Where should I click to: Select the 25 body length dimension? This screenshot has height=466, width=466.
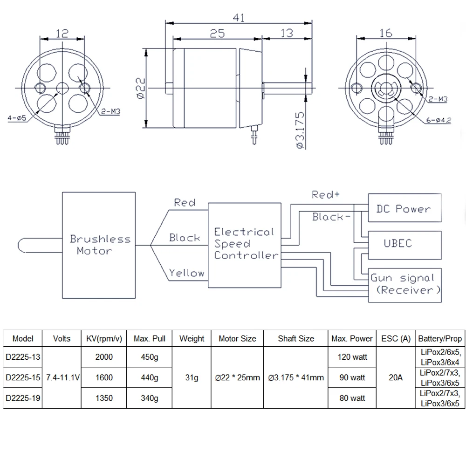click(x=217, y=33)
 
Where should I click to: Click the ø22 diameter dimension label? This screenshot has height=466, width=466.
click(x=142, y=88)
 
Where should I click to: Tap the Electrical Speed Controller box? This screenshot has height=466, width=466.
click(x=245, y=244)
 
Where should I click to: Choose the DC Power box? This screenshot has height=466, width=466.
click(x=404, y=208)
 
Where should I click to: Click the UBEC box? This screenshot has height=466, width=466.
click(x=404, y=243)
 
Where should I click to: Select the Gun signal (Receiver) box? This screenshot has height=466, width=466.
click(x=404, y=284)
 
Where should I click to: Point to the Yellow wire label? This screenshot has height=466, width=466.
click(x=186, y=273)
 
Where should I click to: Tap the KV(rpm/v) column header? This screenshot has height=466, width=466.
click(x=103, y=339)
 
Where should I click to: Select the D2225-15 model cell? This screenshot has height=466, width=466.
click(x=23, y=377)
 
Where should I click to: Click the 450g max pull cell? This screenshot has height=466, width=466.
click(x=149, y=357)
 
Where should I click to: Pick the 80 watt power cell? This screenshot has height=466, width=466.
click(x=352, y=398)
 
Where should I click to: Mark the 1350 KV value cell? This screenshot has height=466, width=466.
click(x=103, y=398)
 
